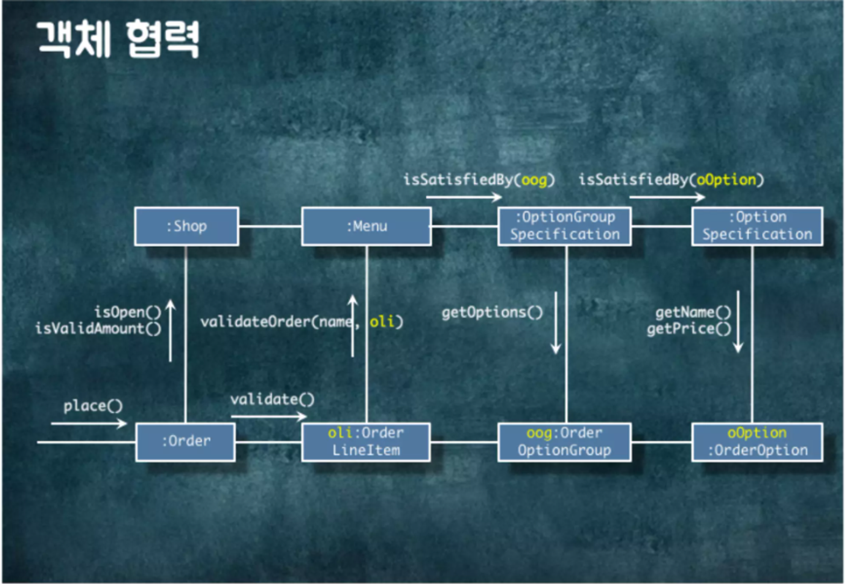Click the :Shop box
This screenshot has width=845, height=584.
coord(186,226)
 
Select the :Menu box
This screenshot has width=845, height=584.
coord(366,226)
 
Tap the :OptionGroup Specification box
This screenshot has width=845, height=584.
coord(564,226)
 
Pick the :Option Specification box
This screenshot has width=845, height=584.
coord(757,226)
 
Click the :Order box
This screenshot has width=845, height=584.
coord(185,442)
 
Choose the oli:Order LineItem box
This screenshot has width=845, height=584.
coord(366,442)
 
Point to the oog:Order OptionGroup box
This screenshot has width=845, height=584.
coord(564,442)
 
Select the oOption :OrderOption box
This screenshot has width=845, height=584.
coord(757,442)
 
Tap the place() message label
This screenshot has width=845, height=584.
coord(93,406)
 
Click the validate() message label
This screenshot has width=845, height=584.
coord(273,399)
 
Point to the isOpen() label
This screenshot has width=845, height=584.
coord(128,312)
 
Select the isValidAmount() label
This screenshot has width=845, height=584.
coord(98,329)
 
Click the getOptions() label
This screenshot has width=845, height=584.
coord(492,313)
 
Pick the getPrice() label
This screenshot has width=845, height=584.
coord(689,329)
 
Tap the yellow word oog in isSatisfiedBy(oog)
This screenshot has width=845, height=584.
coord(534,180)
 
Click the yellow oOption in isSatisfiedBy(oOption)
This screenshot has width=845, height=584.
coord(726,180)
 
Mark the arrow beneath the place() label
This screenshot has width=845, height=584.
coord(89,423)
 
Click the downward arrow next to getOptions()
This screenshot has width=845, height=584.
coord(556,323)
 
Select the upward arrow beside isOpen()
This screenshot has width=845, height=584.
coord(170,331)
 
